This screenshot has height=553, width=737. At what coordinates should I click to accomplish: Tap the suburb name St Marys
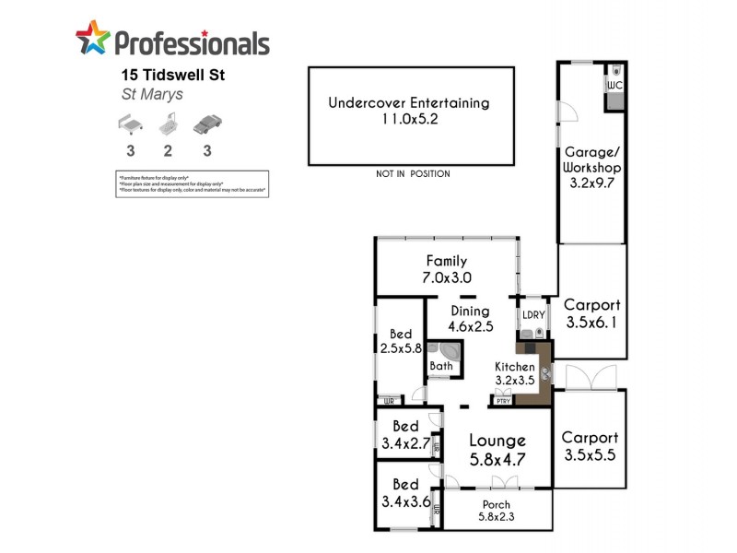[153, 94]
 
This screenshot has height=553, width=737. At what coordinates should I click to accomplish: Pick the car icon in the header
[207, 124]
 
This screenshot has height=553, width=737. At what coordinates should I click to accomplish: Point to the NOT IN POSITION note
[413, 173]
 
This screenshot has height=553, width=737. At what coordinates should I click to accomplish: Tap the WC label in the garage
[614, 86]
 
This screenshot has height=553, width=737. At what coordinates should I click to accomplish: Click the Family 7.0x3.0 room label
[446, 269]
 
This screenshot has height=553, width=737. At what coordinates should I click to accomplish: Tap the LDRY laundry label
[533, 314]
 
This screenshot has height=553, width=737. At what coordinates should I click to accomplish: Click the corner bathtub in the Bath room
[450, 353]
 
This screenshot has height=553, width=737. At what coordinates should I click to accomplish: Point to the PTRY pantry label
[503, 401]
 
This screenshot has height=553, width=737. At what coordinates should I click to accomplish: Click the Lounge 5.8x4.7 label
[497, 449]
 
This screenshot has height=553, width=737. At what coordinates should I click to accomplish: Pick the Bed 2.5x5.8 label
[400, 341]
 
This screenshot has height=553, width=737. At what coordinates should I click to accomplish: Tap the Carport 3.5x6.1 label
[592, 313]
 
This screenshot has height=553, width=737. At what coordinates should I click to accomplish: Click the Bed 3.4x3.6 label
[405, 493]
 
